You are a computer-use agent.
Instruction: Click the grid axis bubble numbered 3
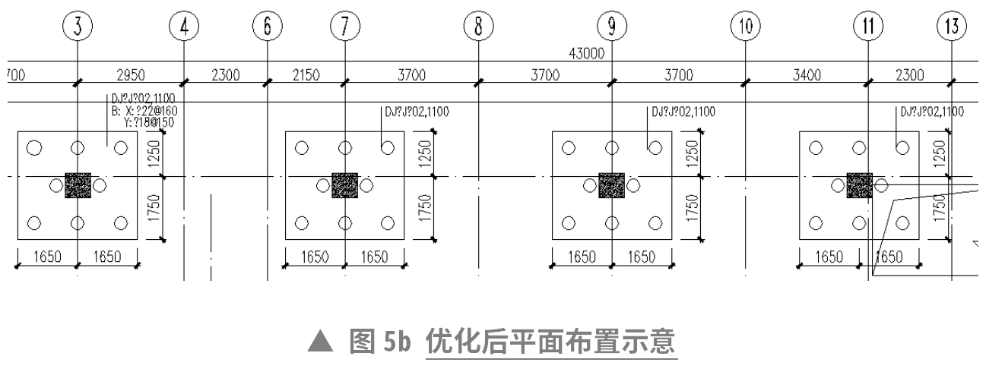(78, 27)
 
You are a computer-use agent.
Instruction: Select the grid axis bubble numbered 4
(184, 27)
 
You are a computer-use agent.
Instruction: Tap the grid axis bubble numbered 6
(267, 27)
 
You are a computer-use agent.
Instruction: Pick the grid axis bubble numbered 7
(344, 27)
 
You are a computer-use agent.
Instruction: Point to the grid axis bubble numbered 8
(478, 27)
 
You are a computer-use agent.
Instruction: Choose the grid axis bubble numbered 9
(611, 27)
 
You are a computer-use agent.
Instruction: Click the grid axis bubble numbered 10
(745, 27)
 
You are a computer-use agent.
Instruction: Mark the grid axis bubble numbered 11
(867, 27)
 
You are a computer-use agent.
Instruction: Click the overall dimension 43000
(585, 53)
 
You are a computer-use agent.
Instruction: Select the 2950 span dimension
(130, 74)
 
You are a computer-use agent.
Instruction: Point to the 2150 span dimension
(306, 74)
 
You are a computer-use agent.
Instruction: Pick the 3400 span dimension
(807, 74)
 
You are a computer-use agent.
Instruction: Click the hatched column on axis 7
(345, 185)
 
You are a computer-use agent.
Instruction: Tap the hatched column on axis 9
(611, 185)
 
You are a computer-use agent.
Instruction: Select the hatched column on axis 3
(78, 185)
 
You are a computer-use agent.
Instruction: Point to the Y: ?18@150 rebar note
(151, 121)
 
